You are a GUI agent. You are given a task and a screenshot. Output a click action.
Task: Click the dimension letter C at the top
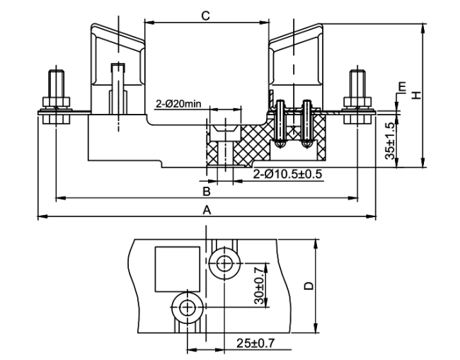[206, 16]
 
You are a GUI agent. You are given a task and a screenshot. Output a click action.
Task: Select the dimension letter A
[207, 210]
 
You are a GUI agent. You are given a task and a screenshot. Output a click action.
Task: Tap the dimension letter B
[207, 192]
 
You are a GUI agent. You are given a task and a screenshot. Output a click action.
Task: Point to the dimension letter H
[416, 95]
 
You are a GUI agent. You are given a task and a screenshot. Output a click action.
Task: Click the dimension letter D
[309, 286]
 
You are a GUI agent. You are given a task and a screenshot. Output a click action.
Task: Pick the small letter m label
[402, 86]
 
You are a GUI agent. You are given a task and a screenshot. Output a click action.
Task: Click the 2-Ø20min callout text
[178, 104]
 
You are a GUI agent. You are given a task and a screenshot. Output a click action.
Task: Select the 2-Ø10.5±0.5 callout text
[287, 174]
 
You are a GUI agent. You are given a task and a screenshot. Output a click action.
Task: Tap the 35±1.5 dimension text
[391, 141]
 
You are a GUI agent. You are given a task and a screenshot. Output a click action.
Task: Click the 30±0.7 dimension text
[259, 286]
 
